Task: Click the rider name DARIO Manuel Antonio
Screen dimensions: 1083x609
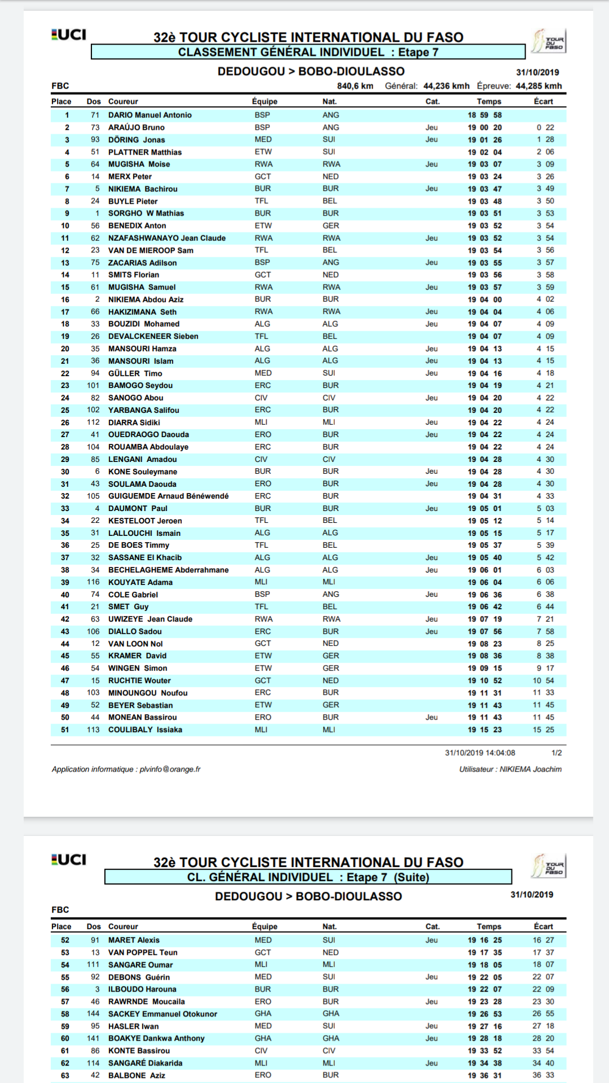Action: tap(149, 115)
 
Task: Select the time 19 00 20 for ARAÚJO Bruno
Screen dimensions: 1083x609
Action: tap(484, 127)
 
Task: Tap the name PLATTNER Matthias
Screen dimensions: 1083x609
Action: tap(145, 152)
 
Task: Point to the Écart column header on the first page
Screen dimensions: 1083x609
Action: tap(543, 102)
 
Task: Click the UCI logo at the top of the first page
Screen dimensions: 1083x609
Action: tap(69, 35)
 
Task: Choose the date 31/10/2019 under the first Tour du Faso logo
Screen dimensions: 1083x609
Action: tap(537, 72)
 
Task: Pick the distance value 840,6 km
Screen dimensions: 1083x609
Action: tap(355, 86)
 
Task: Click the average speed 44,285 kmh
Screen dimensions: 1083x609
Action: tap(539, 86)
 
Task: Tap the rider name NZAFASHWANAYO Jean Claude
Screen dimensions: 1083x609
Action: tap(167, 238)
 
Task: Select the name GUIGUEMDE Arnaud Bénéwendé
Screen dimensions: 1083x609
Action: tap(168, 496)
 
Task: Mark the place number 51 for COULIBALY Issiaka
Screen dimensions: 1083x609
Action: tap(65, 729)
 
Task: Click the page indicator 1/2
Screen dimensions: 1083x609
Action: tap(556, 752)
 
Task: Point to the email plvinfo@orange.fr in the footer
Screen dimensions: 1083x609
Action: tap(170, 769)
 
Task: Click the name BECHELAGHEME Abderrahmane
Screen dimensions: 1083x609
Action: tap(168, 570)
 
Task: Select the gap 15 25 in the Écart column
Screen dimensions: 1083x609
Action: tap(544, 729)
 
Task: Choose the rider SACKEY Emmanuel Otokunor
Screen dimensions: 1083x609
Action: tap(162, 1014)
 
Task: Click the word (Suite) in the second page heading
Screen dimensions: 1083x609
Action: tap(412, 877)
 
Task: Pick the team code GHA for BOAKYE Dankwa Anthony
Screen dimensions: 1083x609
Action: tap(263, 1038)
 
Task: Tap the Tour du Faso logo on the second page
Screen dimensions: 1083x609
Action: tap(548, 865)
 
